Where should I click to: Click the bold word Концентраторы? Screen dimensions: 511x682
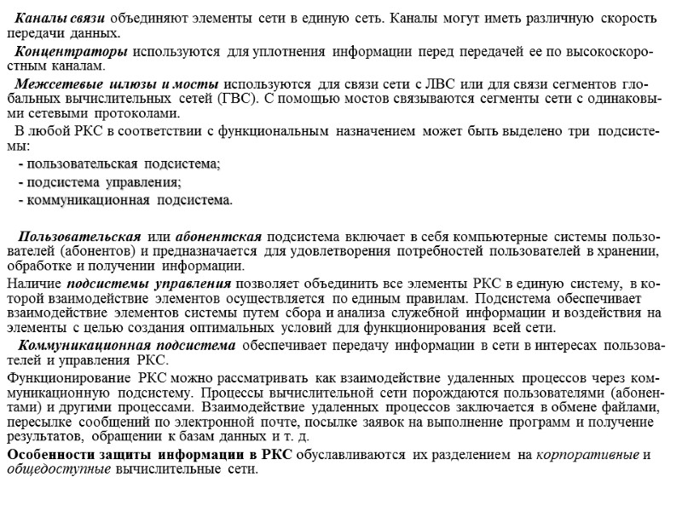(x=72, y=52)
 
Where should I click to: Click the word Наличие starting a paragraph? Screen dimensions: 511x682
(x=34, y=284)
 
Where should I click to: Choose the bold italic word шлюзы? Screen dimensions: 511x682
(x=129, y=86)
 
